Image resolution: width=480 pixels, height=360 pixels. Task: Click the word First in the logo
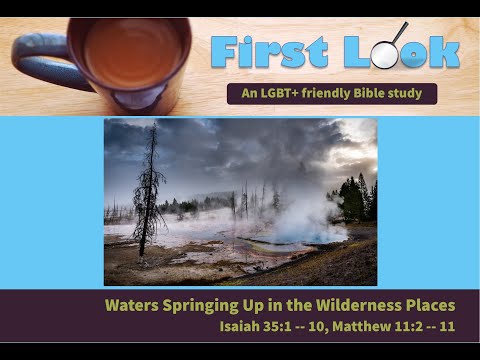point(264,49)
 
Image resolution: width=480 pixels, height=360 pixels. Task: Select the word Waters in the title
point(132,305)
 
